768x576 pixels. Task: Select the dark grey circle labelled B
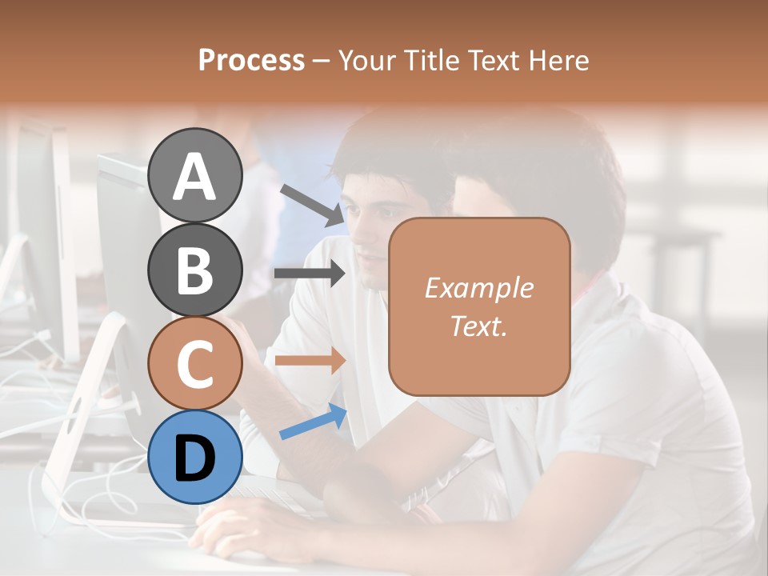[x=194, y=270]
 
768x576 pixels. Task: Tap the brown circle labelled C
[x=194, y=364]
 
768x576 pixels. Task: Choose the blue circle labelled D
[x=194, y=458]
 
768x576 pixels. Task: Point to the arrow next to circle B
[x=310, y=274]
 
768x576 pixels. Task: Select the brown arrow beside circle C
[x=310, y=360]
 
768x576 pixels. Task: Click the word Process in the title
[x=251, y=60]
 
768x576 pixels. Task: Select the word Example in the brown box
[x=478, y=288]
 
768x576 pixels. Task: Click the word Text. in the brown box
[x=478, y=326]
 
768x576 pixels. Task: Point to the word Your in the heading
[x=365, y=60]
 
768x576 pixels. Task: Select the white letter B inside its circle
[x=194, y=270]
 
